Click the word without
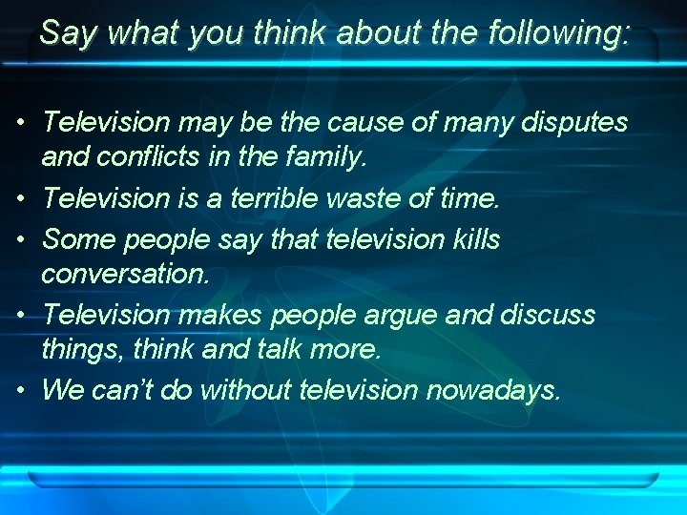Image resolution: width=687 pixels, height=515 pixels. coord(243,390)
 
